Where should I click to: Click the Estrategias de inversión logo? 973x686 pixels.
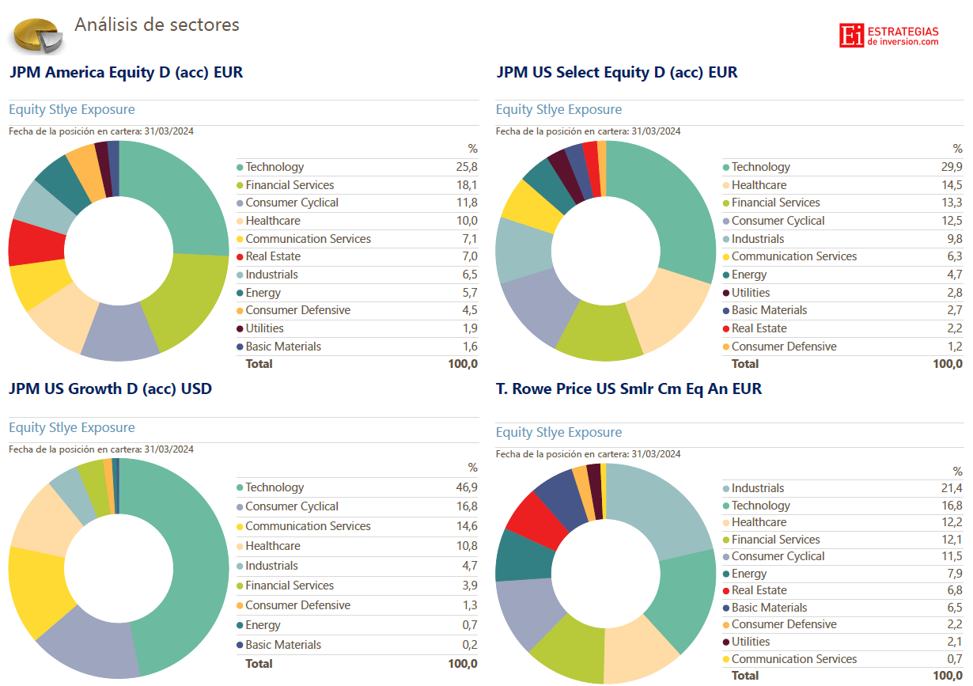(888, 36)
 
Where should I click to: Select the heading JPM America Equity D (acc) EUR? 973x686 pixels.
(126, 73)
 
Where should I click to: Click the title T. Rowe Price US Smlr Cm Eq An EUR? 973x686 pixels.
(629, 388)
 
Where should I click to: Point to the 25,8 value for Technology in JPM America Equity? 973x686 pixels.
(467, 167)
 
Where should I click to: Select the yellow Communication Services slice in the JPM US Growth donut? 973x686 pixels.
(36, 589)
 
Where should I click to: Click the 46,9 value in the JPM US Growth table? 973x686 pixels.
(467, 487)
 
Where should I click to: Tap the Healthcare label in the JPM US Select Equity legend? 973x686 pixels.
(759, 185)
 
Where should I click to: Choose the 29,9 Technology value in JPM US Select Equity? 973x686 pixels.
(952, 167)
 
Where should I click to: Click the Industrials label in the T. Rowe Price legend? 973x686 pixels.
(758, 488)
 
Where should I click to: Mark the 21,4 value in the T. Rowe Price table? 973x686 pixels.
(952, 488)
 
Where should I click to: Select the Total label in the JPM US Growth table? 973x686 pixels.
(259, 664)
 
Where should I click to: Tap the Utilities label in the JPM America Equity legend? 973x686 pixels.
(264, 328)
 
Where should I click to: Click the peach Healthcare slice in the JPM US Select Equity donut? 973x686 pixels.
(672, 313)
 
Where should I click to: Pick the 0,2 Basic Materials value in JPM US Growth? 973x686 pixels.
(469, 645)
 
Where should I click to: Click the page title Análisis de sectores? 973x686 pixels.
(157, 25)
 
